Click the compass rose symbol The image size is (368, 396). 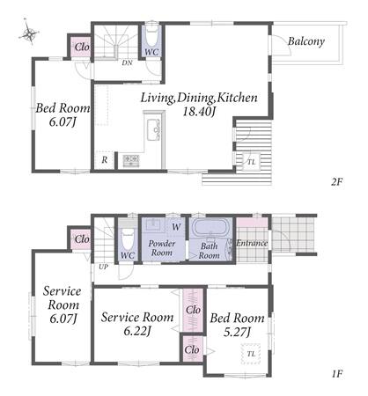point(29,33)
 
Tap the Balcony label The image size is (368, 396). point(305,41)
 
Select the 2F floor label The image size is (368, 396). point(336,182)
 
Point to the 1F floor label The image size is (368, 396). point(337,374)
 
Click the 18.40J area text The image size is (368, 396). point(199,112)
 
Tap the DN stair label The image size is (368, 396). point(127,62)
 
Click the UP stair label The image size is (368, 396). point(103,267)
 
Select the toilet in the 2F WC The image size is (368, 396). point(151,37)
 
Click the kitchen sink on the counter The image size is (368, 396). point(153,130)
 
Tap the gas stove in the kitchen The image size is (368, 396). point(131,160)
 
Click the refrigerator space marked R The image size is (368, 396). point(105,160)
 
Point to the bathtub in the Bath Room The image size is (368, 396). point(209,227)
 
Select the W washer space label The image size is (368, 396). point(176,226)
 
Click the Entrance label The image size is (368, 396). point(252,243)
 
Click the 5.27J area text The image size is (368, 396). point(237,333)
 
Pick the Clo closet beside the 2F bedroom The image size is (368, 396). point(81,47)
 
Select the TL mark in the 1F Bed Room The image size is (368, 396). point(251,354)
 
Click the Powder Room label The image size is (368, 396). point(162,248)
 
